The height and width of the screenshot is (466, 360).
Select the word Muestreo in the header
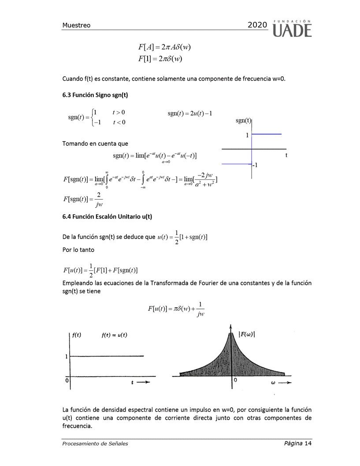pyautogui.click(x=76, y=25)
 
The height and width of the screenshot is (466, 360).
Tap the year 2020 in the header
pyautogui.click(x=257, y=25)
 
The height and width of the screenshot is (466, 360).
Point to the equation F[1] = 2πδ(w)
pyautogui.click(x=160, y=58)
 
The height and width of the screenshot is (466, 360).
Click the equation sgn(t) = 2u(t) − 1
pyautogui.click(x=190, y=113)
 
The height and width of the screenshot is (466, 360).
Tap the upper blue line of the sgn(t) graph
pyautogui.click(x=266, y=134)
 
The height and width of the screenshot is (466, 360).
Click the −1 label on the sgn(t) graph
pyautogui.click(x=255, y=165)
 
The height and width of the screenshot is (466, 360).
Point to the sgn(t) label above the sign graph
pyautogui.click(x=243, y=120)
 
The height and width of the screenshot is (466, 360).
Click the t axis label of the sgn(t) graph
pyautogui.click(x=286, y=156)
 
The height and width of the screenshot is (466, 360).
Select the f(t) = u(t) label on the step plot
pyautogui.click(x=114, y=335)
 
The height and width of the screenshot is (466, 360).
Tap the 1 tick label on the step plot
pyautogui.click(x=67, y=357)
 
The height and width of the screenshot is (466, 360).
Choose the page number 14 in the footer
pyautogui.click(x=308, y=443)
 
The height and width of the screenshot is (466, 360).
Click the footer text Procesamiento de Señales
pyautogui.click(x=95, y=444)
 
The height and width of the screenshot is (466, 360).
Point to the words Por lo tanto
pyautogui.click(x=78, y=250)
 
